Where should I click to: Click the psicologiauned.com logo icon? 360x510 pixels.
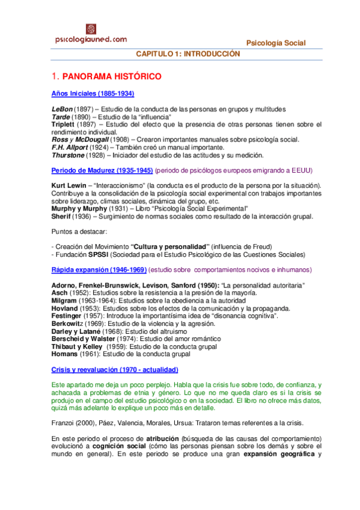(91, 29)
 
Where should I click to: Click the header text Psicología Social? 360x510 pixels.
(276, 43)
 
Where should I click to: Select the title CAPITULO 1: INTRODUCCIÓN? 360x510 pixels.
(188, 54)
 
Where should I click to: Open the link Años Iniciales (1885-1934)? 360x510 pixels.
(93, 94)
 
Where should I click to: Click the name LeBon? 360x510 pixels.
(61, 109)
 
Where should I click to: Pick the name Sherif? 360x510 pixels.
(63, 217)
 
